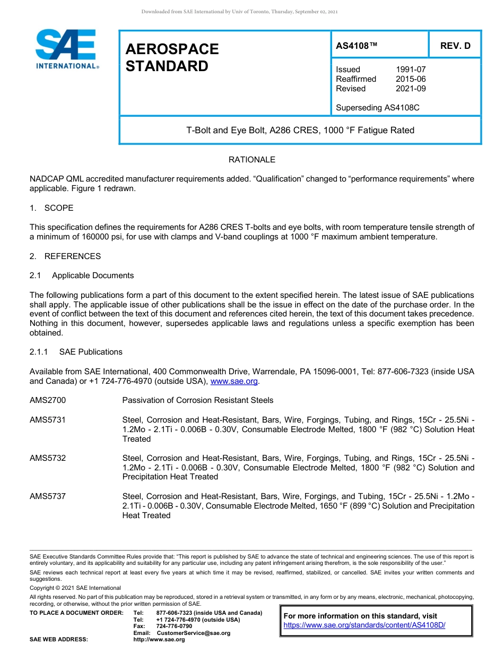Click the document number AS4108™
pyautogui.click(x=357, y=46)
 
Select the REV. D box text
pyautogui.click(x=455, y=46)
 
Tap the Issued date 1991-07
pyautogui.click(x=411, y=70)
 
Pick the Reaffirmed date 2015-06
pyautogui.click(x=411, y=79)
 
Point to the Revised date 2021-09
pyautogui.click(x=411, y=89)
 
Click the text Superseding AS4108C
pyautogui.click(x=378, y=108)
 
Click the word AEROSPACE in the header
pyautogui.click(x=172, y=49)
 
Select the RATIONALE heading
pyautogui.click(x=252, y=160)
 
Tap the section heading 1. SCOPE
pyautogui.click(x=51, y=208)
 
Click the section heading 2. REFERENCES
pyautogui.click(x=65, y=256)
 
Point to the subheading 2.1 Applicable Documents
pyautogui.click(x=82, y=276)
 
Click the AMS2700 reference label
pyautogui.click(x=48, y=400)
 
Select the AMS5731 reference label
pyautogui.click(x=48, y=420)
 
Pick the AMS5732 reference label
pyautogui.click(x=48, y=458)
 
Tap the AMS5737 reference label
pyautogui.click(x=48, y=496)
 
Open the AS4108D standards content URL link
pyautogui.click(x=364, y=625)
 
